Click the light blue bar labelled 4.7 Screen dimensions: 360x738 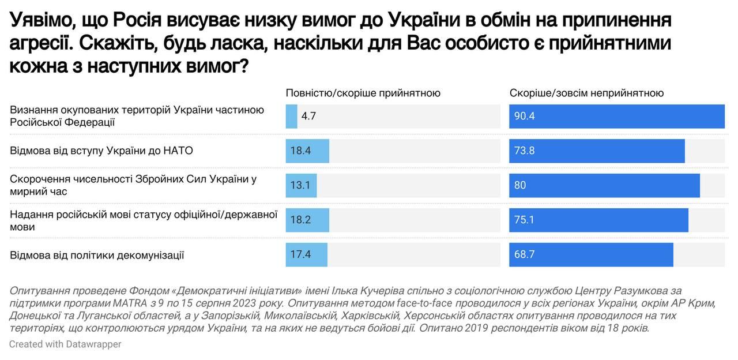pos(291,116)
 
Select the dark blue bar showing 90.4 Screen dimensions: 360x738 pos(616,116)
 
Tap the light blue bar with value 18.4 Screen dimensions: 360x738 pos(307,151)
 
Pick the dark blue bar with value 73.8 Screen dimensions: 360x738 pos(597,151)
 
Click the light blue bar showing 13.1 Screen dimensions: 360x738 pos(301,185)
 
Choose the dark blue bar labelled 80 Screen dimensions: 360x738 pos(604,185)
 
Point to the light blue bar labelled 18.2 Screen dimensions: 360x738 pos(307,220)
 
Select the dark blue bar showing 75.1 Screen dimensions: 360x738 pos(598,220)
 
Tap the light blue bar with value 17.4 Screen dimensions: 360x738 pos(306,254)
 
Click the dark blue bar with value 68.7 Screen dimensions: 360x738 pos(591,254)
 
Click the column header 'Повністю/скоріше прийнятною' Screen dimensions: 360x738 pos(363,93)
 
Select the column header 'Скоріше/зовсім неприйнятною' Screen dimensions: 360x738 pos(586,93)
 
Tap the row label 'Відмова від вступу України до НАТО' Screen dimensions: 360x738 pos(101,151)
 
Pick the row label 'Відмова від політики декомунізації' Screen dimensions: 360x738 pos(97,254)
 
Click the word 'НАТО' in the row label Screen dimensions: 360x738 pos(179,151)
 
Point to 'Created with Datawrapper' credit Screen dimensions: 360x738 pos(65,344)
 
